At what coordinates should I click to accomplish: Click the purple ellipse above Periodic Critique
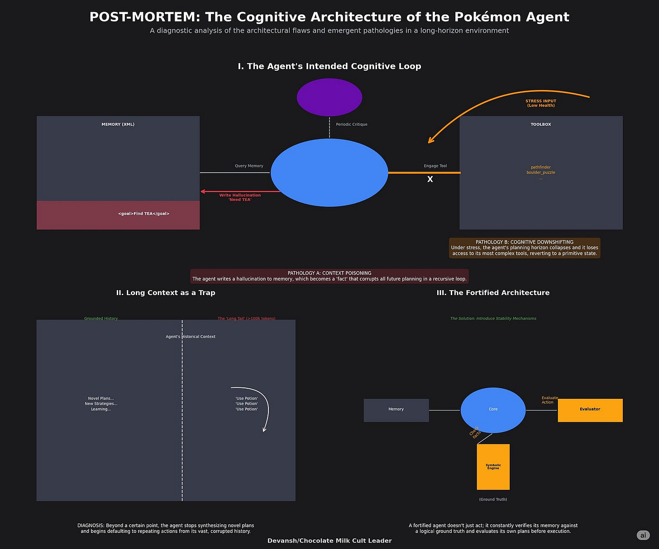(329, 97)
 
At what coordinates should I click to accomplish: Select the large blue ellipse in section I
(329, 172)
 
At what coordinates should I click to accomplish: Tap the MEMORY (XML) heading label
(118, 124)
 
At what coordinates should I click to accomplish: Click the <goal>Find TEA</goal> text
(143, 214)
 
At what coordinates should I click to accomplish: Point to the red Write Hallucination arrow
(240, 191)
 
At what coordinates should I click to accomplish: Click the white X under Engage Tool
(430, 180)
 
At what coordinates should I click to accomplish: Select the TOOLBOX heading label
(540, 124)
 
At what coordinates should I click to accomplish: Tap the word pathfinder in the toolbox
(540, 167)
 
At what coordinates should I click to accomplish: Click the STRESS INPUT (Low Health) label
(540, 103)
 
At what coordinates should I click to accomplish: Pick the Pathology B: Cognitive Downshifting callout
(524, 248)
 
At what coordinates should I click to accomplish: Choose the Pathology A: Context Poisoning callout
(329, 276)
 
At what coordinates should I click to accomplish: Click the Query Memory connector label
(249, 166)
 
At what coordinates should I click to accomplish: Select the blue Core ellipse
(493, 410)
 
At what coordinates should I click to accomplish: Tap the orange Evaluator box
(590, 410)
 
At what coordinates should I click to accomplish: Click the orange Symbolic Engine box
(493, 467)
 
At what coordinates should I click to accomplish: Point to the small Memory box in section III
(396, 410)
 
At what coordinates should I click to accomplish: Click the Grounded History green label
(101, 319)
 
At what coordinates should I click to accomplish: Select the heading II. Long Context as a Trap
(166, 293)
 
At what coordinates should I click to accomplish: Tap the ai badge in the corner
(643, 535)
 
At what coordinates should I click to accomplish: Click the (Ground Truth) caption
(493, 500)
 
